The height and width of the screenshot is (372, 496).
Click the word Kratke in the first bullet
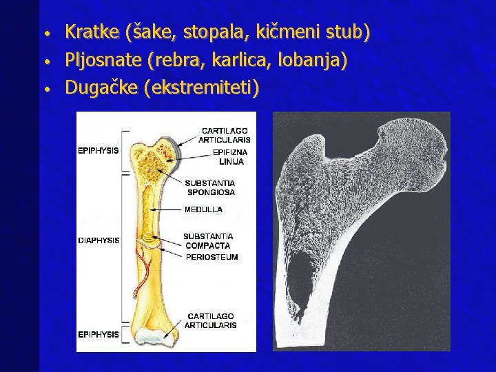click(93, 32)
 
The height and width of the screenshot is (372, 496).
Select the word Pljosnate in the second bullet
click(104, 60)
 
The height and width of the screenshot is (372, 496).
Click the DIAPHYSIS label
click(99, 241)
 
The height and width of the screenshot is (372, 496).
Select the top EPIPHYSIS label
click(99, 150)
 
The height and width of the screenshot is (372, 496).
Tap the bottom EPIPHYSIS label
click(99, 334)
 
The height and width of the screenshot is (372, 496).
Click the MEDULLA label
click(203, 209)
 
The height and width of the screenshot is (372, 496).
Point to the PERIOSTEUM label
click(212, 257)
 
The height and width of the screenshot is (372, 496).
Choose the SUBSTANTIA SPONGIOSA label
click(210, 187)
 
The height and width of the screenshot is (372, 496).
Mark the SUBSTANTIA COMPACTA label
click(208, 240)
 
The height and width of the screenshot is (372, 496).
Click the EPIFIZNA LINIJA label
click(231, 156)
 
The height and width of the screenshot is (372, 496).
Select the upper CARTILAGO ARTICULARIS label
click(225, 135)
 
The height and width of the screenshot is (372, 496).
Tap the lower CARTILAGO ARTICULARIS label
click(210, 320)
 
